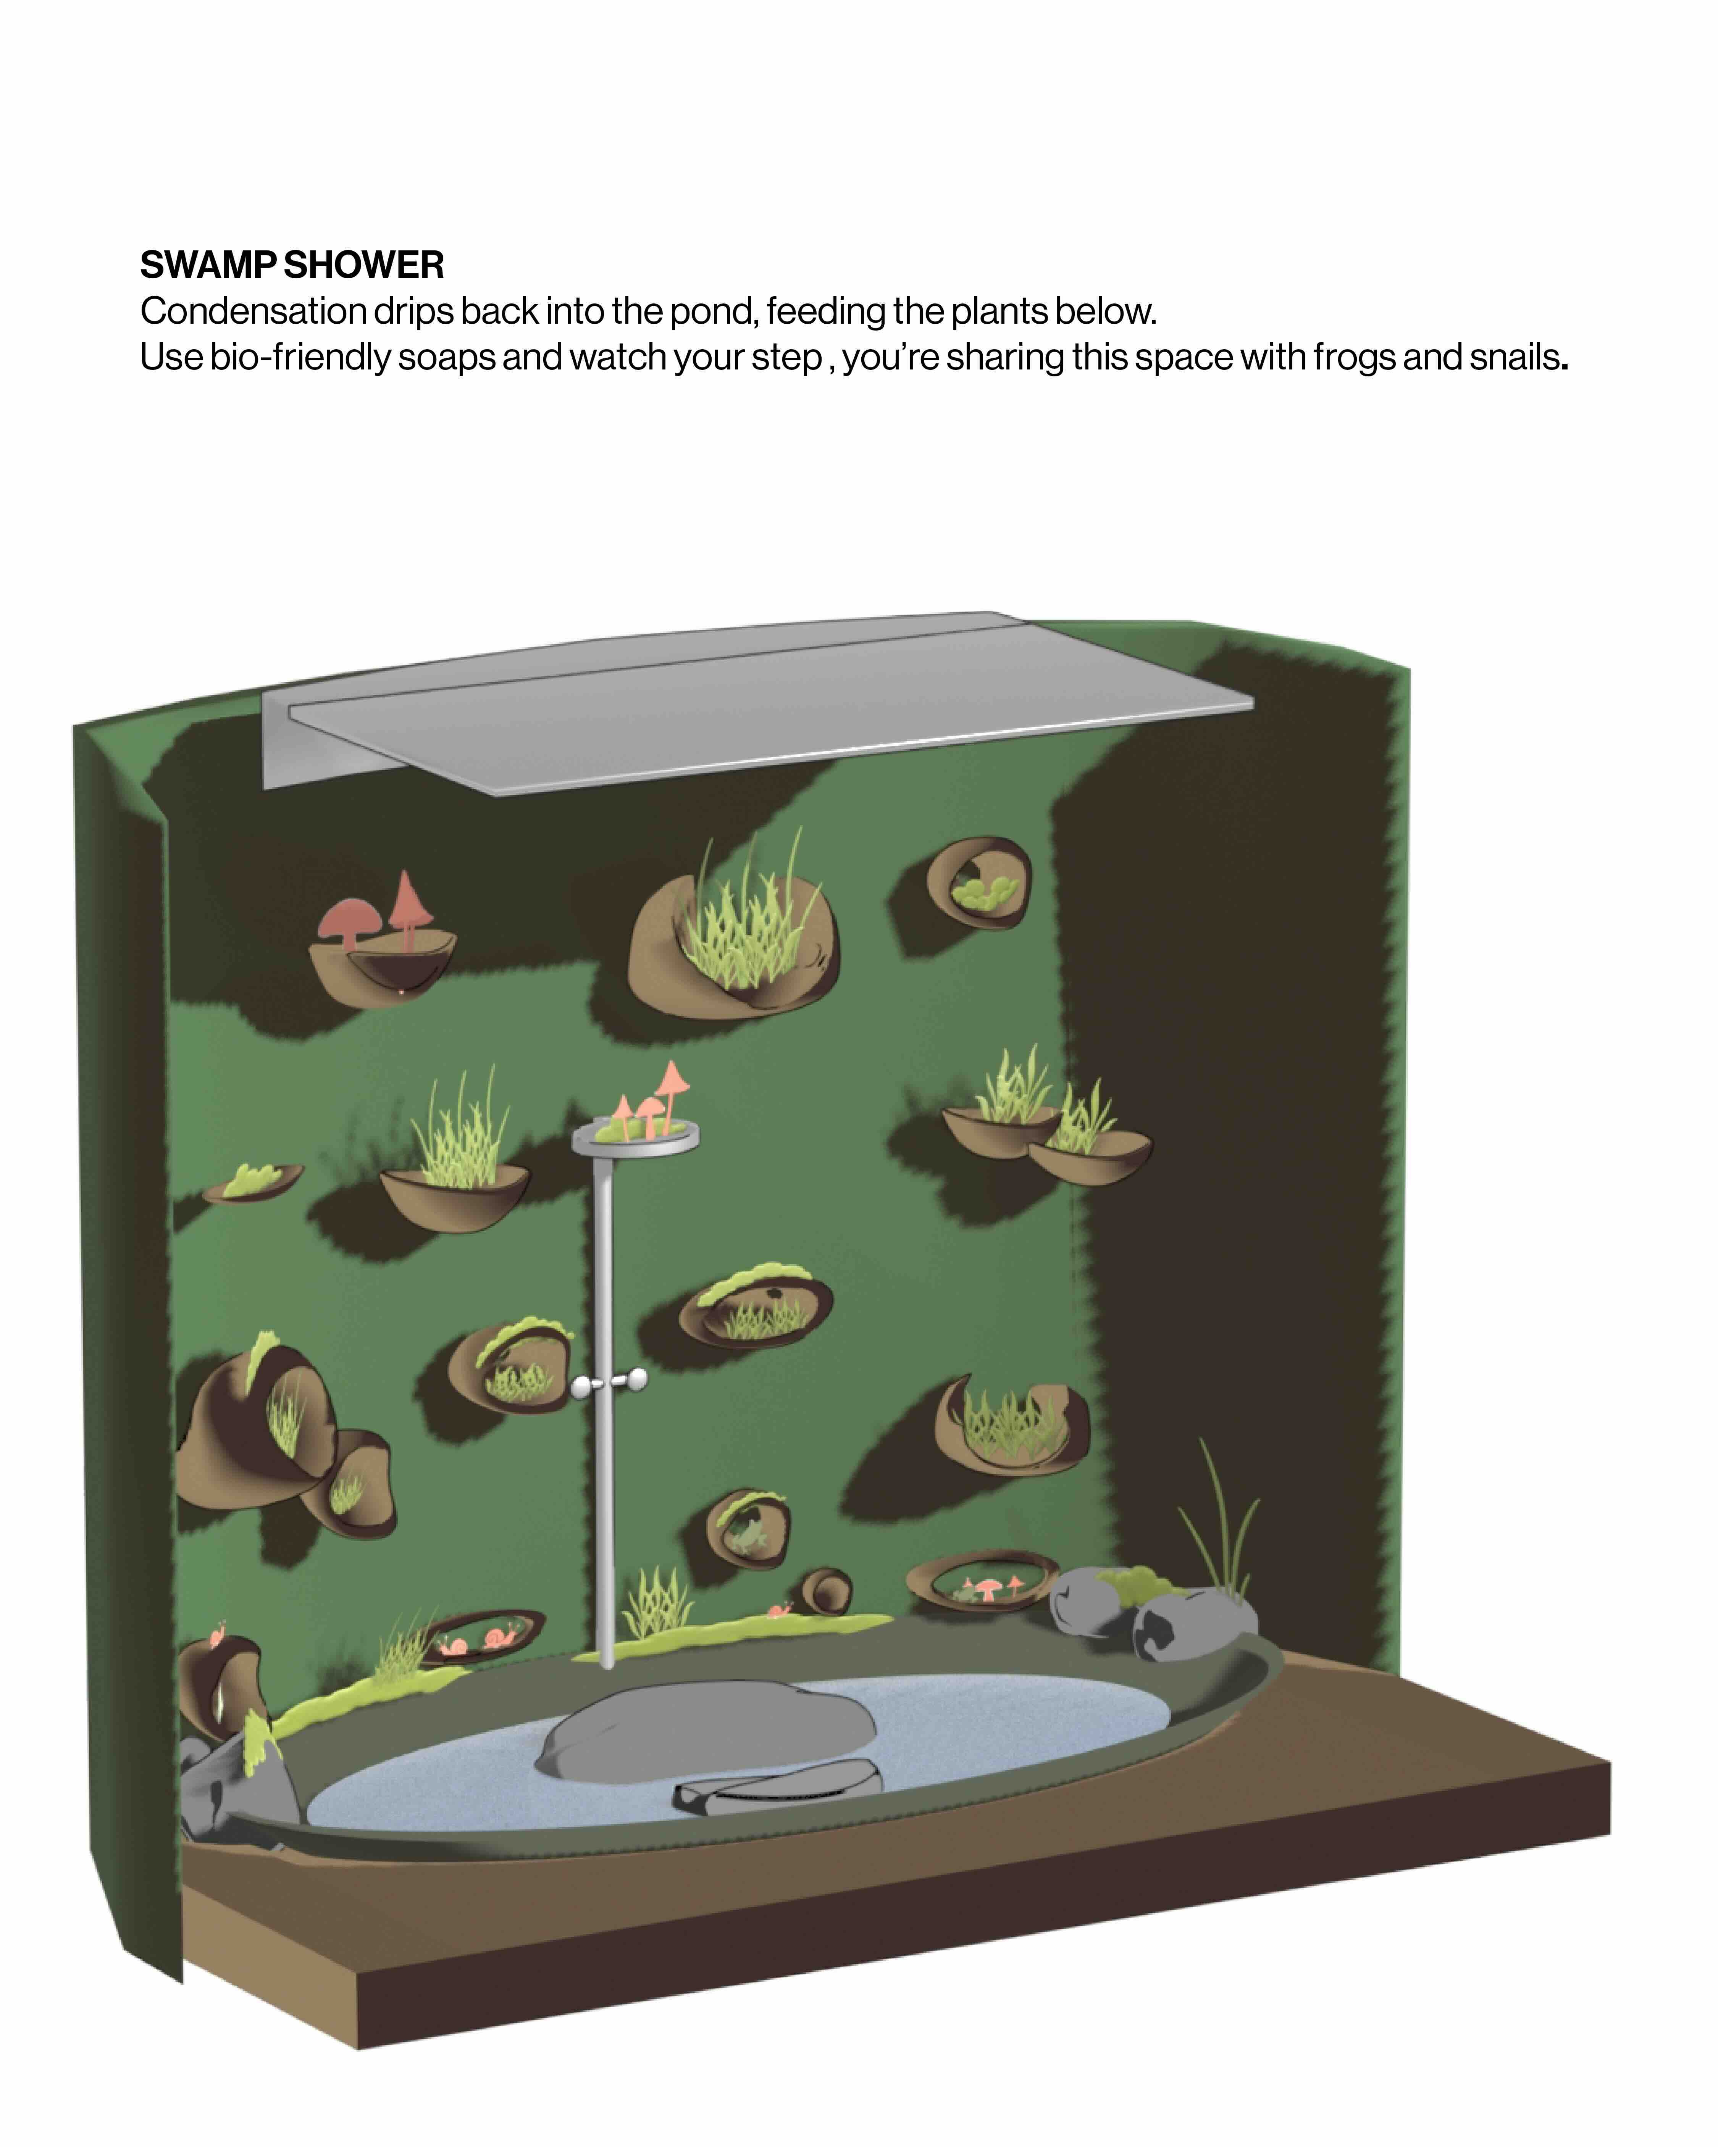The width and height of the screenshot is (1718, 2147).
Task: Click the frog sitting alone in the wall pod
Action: [x=745, y=1539]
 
